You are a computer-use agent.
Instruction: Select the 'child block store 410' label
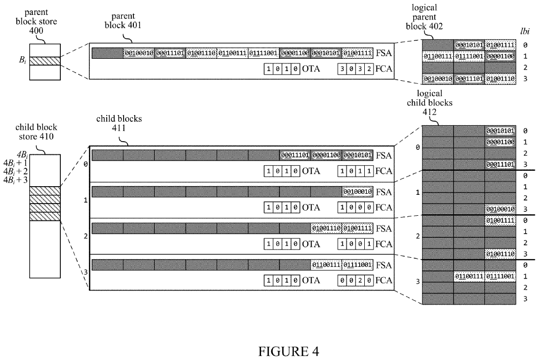pos(43,132)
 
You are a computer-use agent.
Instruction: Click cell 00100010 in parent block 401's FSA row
pos(138,53)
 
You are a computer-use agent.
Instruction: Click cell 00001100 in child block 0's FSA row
pos(326,155)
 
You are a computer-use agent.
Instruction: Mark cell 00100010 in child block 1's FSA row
pos(358,192)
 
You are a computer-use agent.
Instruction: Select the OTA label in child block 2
pos(311,244)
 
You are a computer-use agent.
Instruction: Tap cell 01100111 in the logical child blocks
pos(468,277)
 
